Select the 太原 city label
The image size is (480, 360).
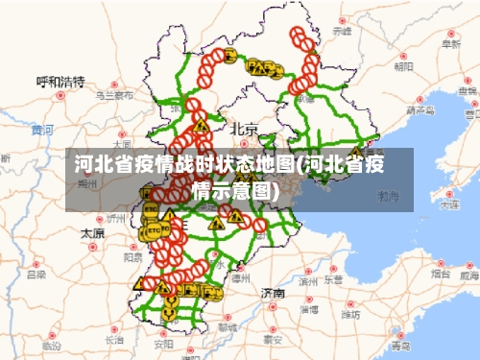[92, 233]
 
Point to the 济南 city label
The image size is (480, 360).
[273, 292]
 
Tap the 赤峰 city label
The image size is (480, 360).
[342, 32]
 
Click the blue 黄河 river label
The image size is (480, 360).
[42, 130]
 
